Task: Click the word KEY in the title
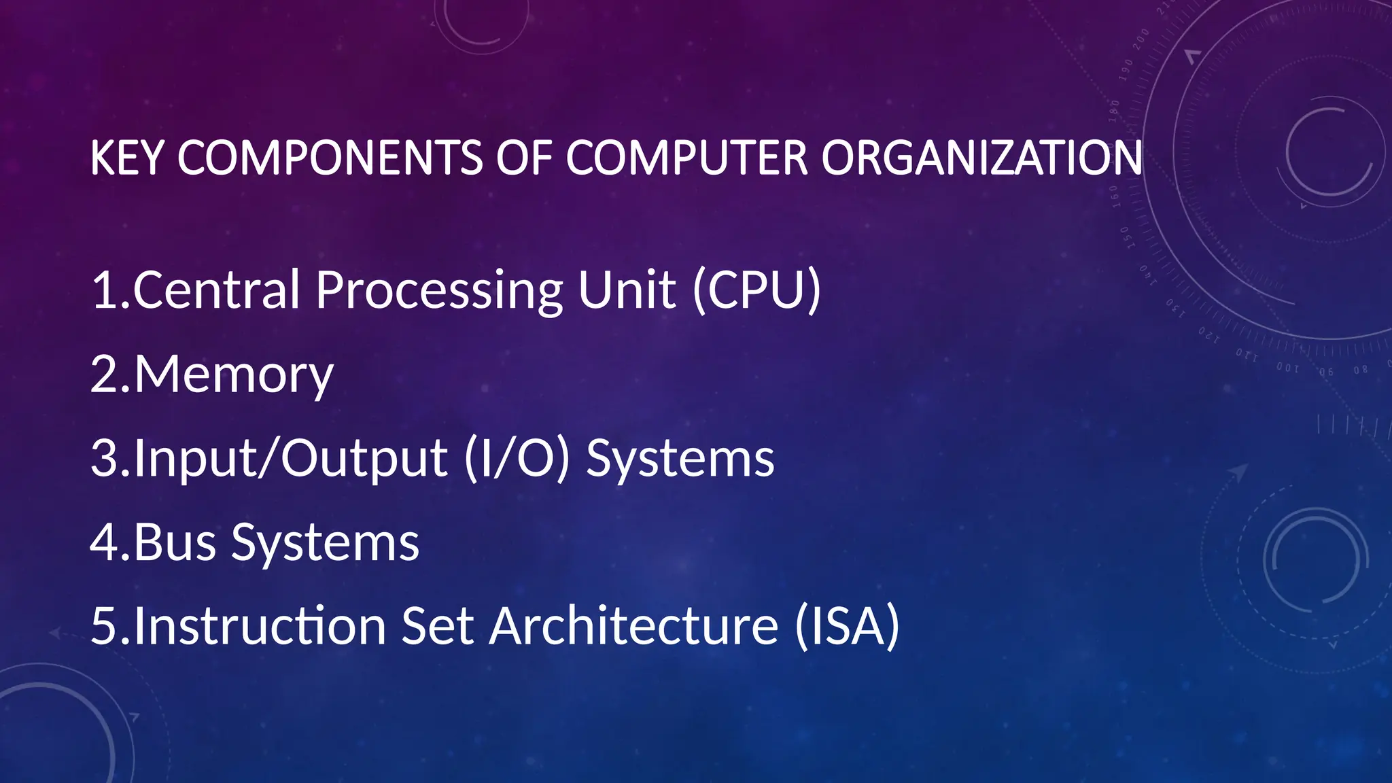click(x=126, y=158)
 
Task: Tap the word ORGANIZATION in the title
click(x=981, y=158)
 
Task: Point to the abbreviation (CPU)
click(x=756, y=290)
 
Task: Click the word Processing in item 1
click(x=439, y=290)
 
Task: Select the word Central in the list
click(x=216, y=290)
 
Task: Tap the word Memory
click(x=233, y=375)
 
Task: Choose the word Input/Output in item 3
click(x=290, y=459)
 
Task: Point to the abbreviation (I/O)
click(x=517, y=459)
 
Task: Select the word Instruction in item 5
click(x=260, y=627)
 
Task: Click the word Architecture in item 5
click(x=633, y=627)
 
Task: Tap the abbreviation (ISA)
click(x=847, y=627)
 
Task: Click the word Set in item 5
click(x=437, y=627)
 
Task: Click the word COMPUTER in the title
click(x=687, y=158)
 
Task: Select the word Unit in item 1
click(x=627, y=290)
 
